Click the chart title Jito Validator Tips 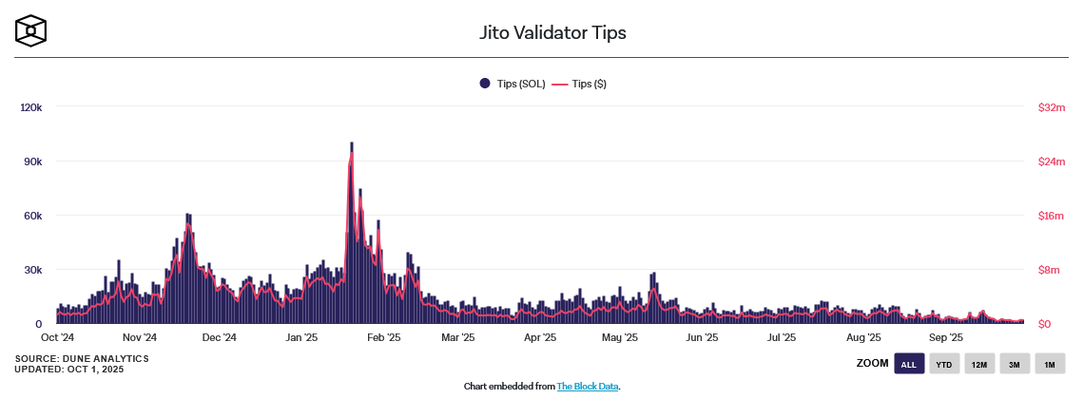click(552, 32)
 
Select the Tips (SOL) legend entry click(513, 85)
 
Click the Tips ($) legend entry click(579, 85)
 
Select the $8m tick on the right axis click(1050, 270)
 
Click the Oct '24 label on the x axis click(57, 337)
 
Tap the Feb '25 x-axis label click(383, 337)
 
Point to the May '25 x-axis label click(620, 337)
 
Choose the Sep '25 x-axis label click(946, 337)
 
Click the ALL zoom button click(909, 364)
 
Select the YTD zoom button click(944, 364)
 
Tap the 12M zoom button click(978, 364)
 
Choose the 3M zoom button click(1015, 364)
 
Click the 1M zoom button click(1050, 364)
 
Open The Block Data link click(587, 387)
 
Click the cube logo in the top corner click(31, 31)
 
